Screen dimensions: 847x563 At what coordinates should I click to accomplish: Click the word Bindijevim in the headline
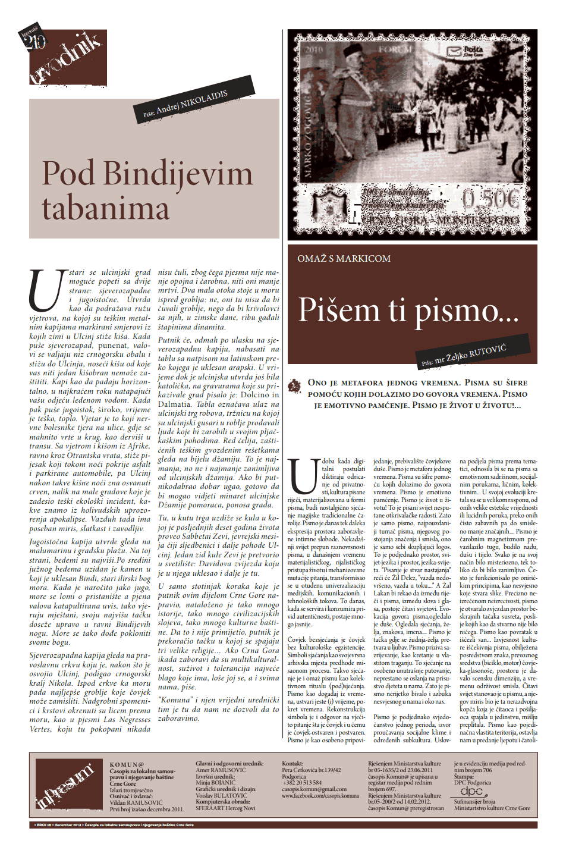coord(178,174)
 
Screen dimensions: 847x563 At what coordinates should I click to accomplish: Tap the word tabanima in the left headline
coord(106,208)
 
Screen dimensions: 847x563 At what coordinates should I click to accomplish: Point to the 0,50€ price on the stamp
coord(491,200)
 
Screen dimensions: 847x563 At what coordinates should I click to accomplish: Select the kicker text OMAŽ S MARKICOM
coord(344,259)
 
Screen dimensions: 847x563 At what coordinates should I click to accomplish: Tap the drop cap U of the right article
coord(303,476)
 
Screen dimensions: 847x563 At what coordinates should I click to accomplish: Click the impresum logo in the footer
coord(65,785)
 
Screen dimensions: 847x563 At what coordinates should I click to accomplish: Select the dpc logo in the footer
coord(471,791)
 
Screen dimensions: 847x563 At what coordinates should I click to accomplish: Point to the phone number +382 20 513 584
coord(301,783)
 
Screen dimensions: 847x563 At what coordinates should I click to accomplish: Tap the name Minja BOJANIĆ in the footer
coord(216,783)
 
